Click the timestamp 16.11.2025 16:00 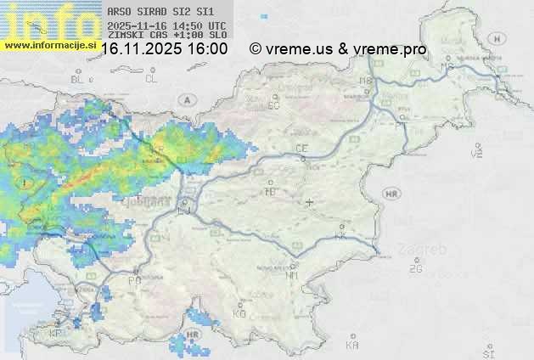coord(164,49)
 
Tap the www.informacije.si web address coord(48,44)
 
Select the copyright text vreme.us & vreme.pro coord(338,49)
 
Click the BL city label coord(79,79)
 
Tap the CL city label coord(151,79)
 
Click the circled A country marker coord(185,99)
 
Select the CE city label coord(301,148)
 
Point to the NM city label coord(293,276)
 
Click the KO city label coord(239,313)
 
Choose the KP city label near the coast coord(57,334)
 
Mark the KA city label coord(352,346)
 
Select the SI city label coord(487,352)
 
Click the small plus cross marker coord(310,202)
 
